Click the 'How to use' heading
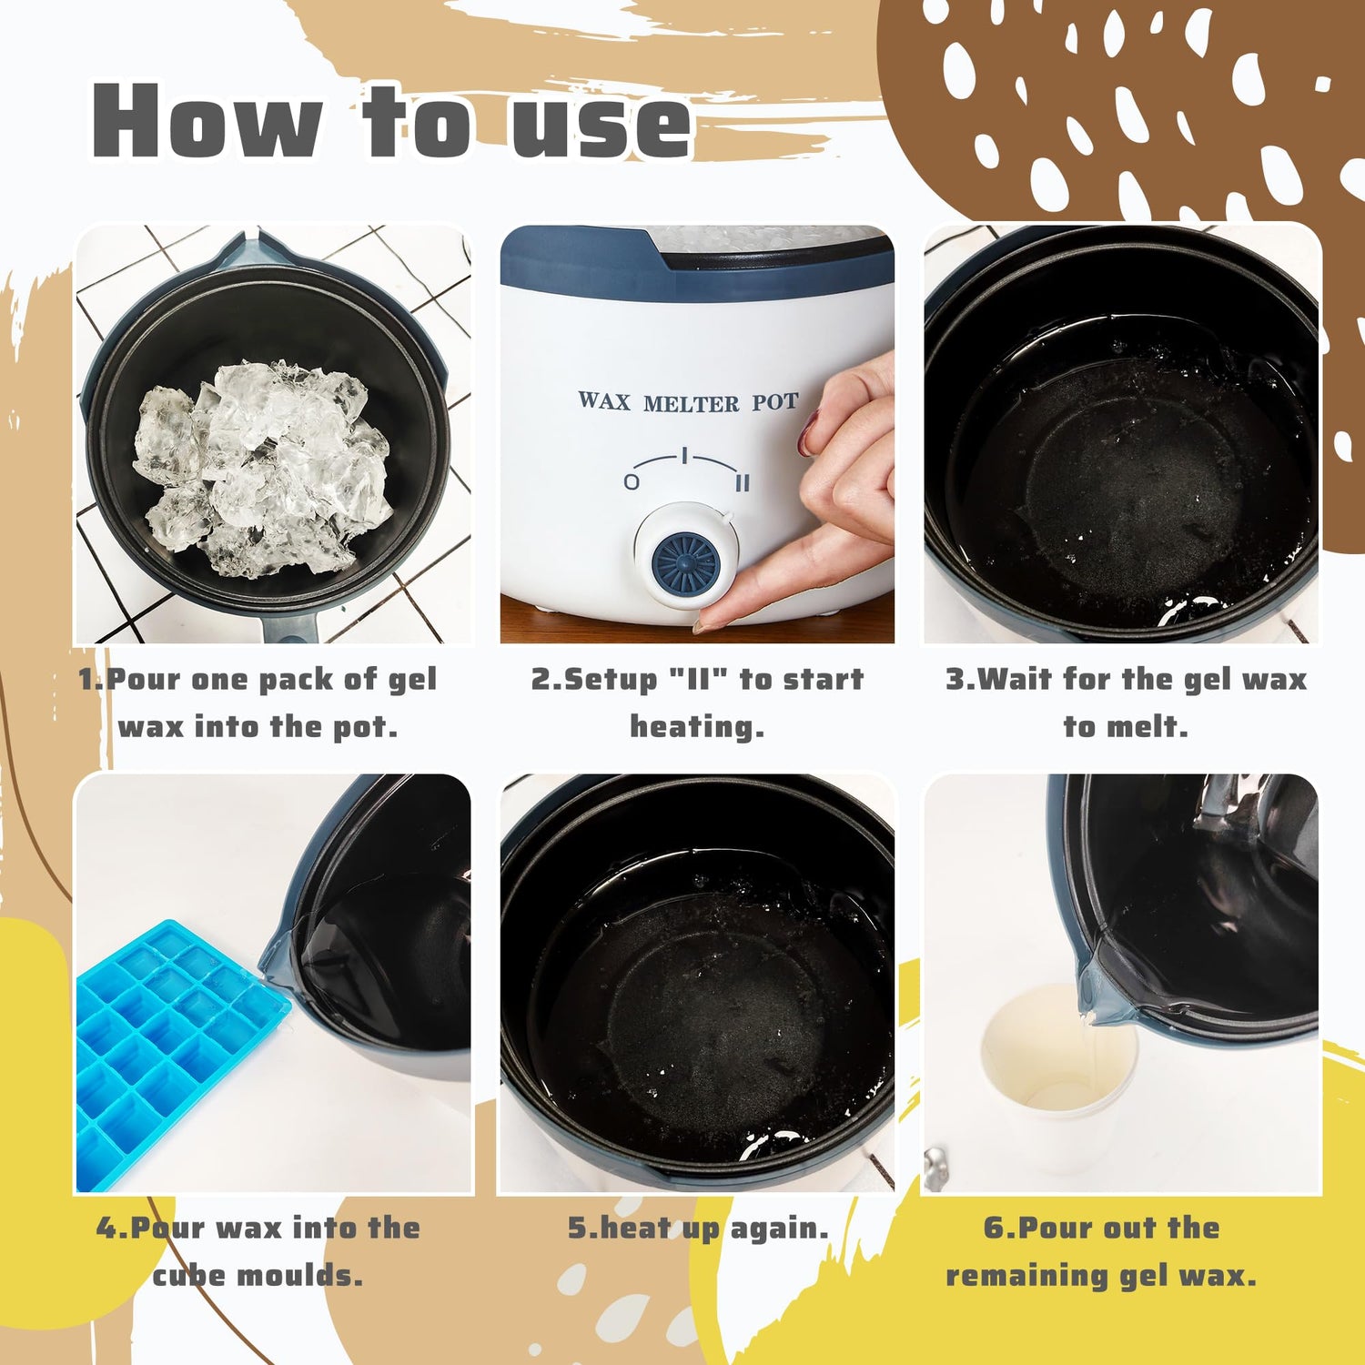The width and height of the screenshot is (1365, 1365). click(391, 120)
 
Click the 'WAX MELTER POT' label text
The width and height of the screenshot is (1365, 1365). click(688, 401)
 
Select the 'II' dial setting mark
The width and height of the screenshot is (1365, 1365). click(743, 482)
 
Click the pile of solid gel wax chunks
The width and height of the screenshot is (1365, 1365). click(263, 468)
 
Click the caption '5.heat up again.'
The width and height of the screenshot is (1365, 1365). click(698, 1228)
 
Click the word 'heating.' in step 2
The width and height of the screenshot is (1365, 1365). click(697, 726)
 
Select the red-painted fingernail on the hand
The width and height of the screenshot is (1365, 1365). click(807, 433)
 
